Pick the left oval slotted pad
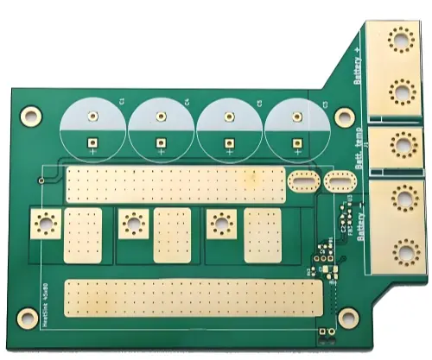302,182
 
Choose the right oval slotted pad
339,182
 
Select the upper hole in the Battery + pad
399,41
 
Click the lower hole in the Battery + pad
401,92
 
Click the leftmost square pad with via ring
44,224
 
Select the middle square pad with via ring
132,224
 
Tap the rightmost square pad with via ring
219,224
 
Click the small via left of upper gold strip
41,180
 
